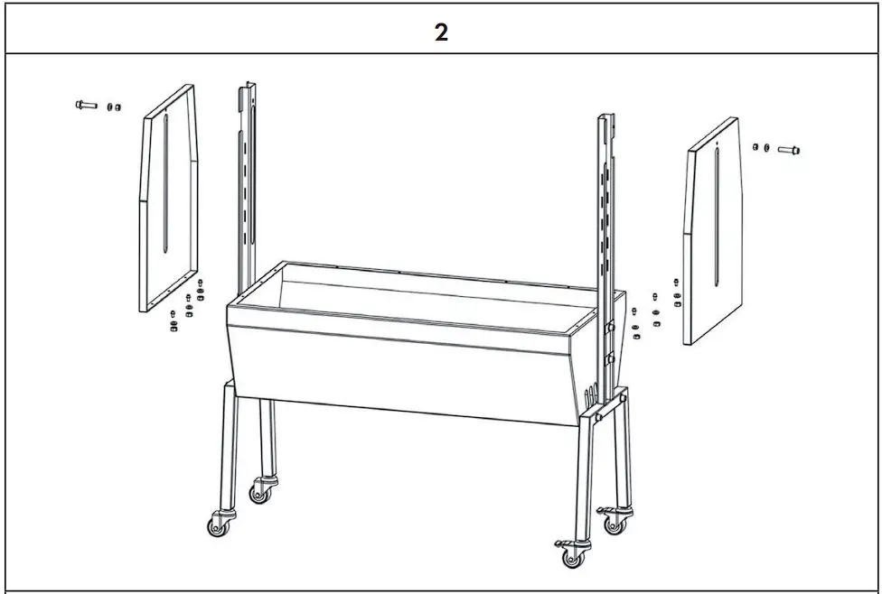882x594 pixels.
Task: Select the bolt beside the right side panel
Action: point(788,150)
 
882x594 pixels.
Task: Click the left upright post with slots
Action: point(248,181)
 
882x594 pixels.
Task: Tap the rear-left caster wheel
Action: point(262,492)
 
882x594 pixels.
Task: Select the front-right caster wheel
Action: point(572,552)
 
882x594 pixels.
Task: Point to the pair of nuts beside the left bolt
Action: point(114,107)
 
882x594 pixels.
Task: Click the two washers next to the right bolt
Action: point(761,146)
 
